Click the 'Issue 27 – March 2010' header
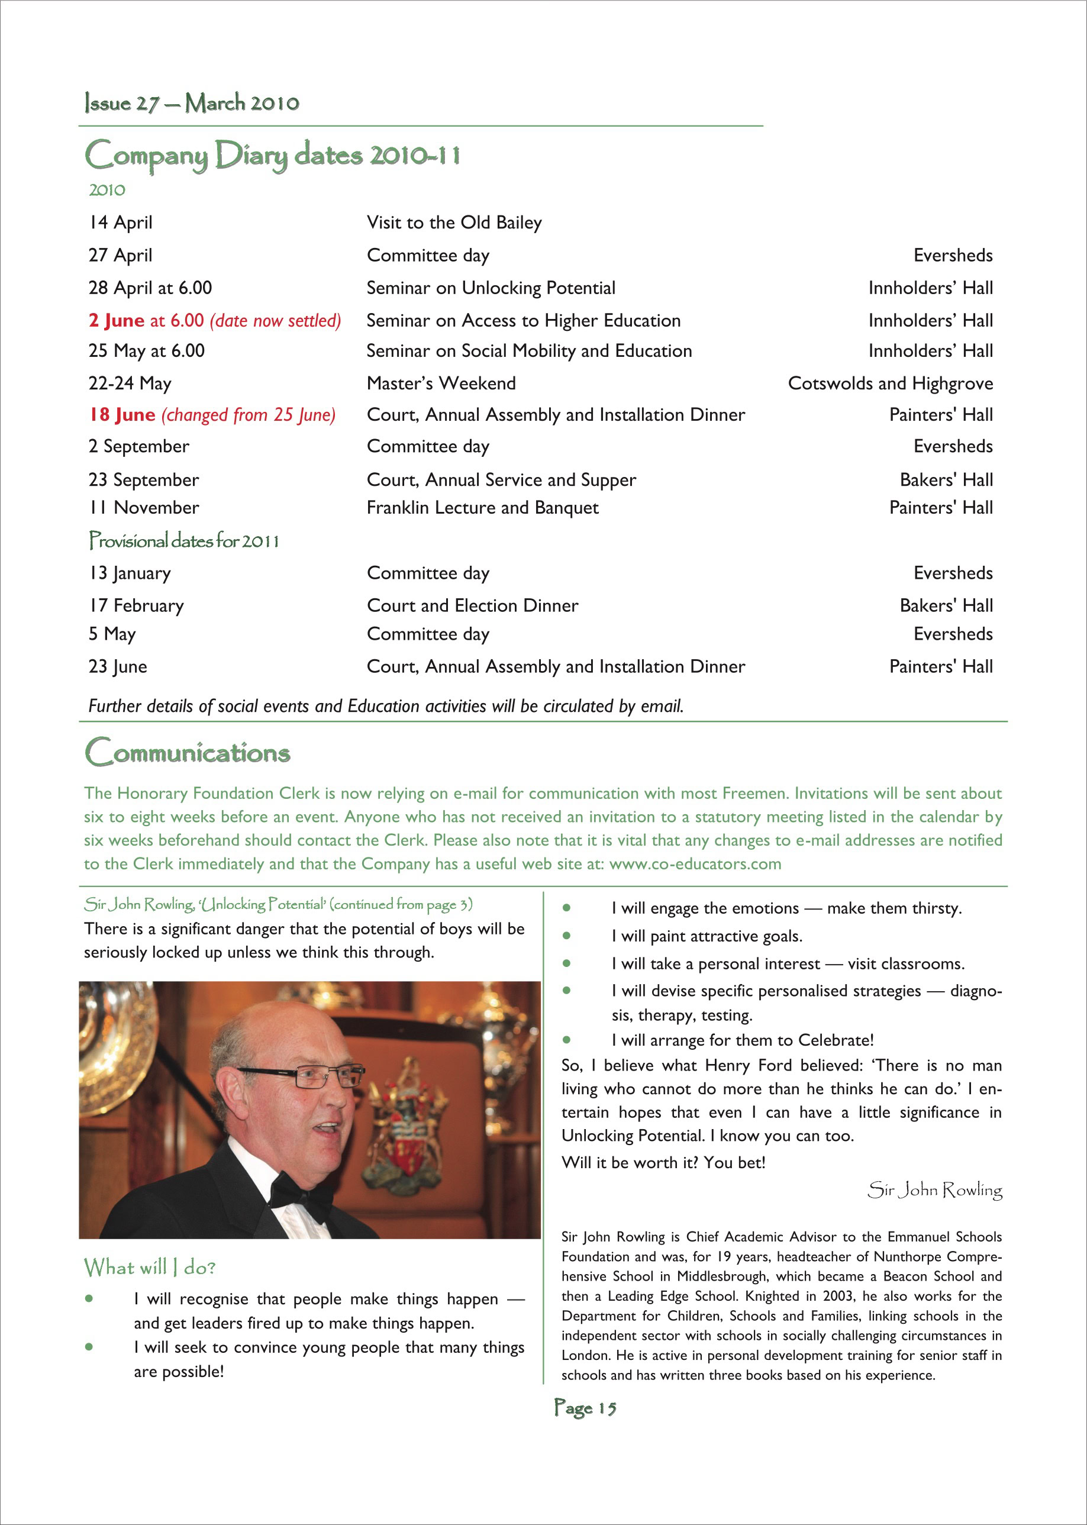pyautogui.click(x=192, y=103)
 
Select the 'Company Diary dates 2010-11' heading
pyautogui.click(x=272, y=155)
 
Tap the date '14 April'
pyautogui.click(x=121, y=223)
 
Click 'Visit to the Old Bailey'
pyautogui.click(x=454, y=223)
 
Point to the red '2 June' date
pyautogui.click(x=117, y=321)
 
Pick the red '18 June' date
pyautogui.click(x=122, y=415)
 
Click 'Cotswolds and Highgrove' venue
pyautogui.click(x=889, y=383)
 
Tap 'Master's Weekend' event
pyautogui.click(x=441, y=383)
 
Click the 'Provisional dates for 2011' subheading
pyautogui.click(x=184, y=541)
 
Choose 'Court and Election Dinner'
pyautogui.click(x=472, y=606)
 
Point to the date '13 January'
pyautogui.click(x=130, y=573)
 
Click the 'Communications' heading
pyautogui.click(x=188, y=753)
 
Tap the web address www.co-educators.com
pyautogui.click(x=695, y=863)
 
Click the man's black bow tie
pyautogui.click(x=298, y=1194)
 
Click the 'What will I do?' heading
pyautogui.click(x=149, y=1267)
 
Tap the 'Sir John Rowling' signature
pyautogui.click(x=934, y=1189)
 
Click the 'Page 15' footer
pyautogui.click(x=585, y=1408)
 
